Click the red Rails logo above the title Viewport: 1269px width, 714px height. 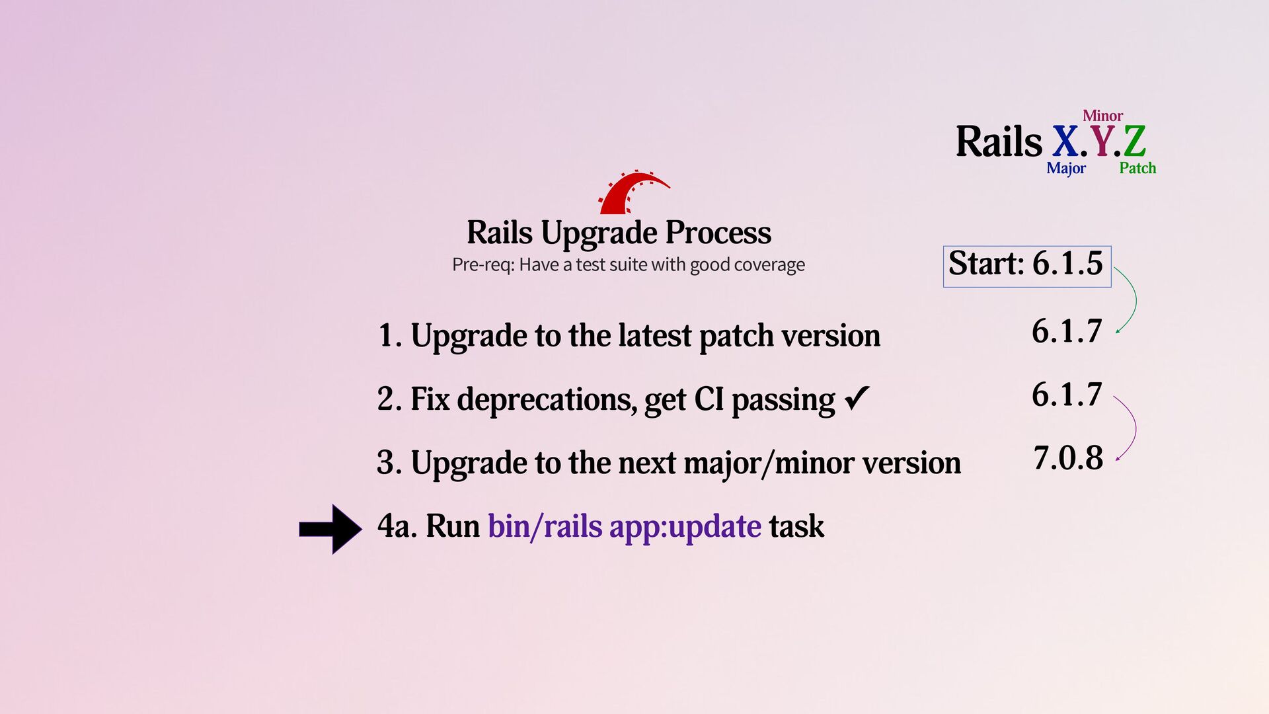click(631, 193)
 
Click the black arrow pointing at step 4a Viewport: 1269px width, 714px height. click(330, 529)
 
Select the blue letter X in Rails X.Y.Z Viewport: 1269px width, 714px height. click(1065, 141)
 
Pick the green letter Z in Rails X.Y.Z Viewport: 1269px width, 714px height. click(1134, 141)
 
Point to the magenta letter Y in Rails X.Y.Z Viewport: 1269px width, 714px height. click(1101, 141)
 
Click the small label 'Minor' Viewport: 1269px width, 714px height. click(1102, 116)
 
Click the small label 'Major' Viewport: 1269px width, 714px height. click(1065, 169)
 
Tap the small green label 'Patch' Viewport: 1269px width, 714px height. click(1137, 169)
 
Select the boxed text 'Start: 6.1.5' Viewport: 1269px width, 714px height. click(1026, 264)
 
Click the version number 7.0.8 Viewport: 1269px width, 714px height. click(1067, 458)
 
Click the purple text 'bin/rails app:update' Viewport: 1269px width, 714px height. click(624, 527)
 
